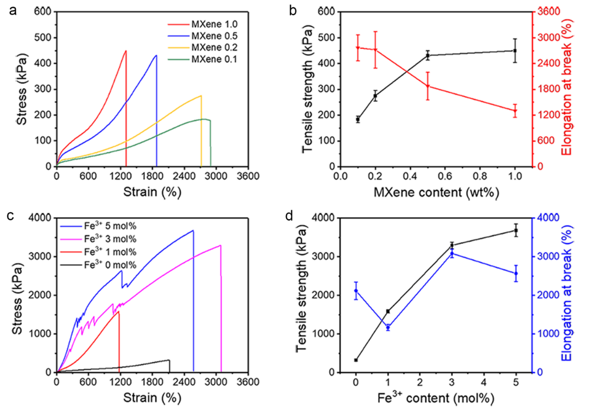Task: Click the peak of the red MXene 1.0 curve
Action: [126, 51]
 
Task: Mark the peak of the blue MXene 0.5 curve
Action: [156, 55]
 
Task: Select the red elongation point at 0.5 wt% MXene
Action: [428, 86]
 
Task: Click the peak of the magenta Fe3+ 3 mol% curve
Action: [221, 245]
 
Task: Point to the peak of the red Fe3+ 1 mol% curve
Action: [118, 311]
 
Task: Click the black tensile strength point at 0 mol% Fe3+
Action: [356, 360]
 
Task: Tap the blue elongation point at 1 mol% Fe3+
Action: [388, 327]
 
